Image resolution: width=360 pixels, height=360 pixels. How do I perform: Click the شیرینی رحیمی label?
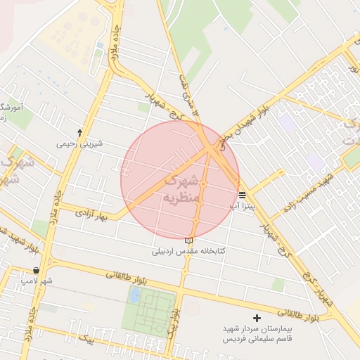click(79, 144)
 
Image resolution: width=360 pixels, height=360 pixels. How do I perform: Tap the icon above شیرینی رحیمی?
click(79, 132)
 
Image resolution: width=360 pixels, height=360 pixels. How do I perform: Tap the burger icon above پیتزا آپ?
click(242, 195)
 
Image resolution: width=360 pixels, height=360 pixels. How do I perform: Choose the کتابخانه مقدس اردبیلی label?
click(188, 251)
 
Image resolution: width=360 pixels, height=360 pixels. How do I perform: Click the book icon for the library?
click(188, 240)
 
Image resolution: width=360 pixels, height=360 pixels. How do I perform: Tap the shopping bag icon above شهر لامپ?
click(36, 271)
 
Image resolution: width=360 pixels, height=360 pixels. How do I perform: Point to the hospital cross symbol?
click(256, 319)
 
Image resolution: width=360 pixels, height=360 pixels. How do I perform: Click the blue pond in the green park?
click(134, 295)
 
